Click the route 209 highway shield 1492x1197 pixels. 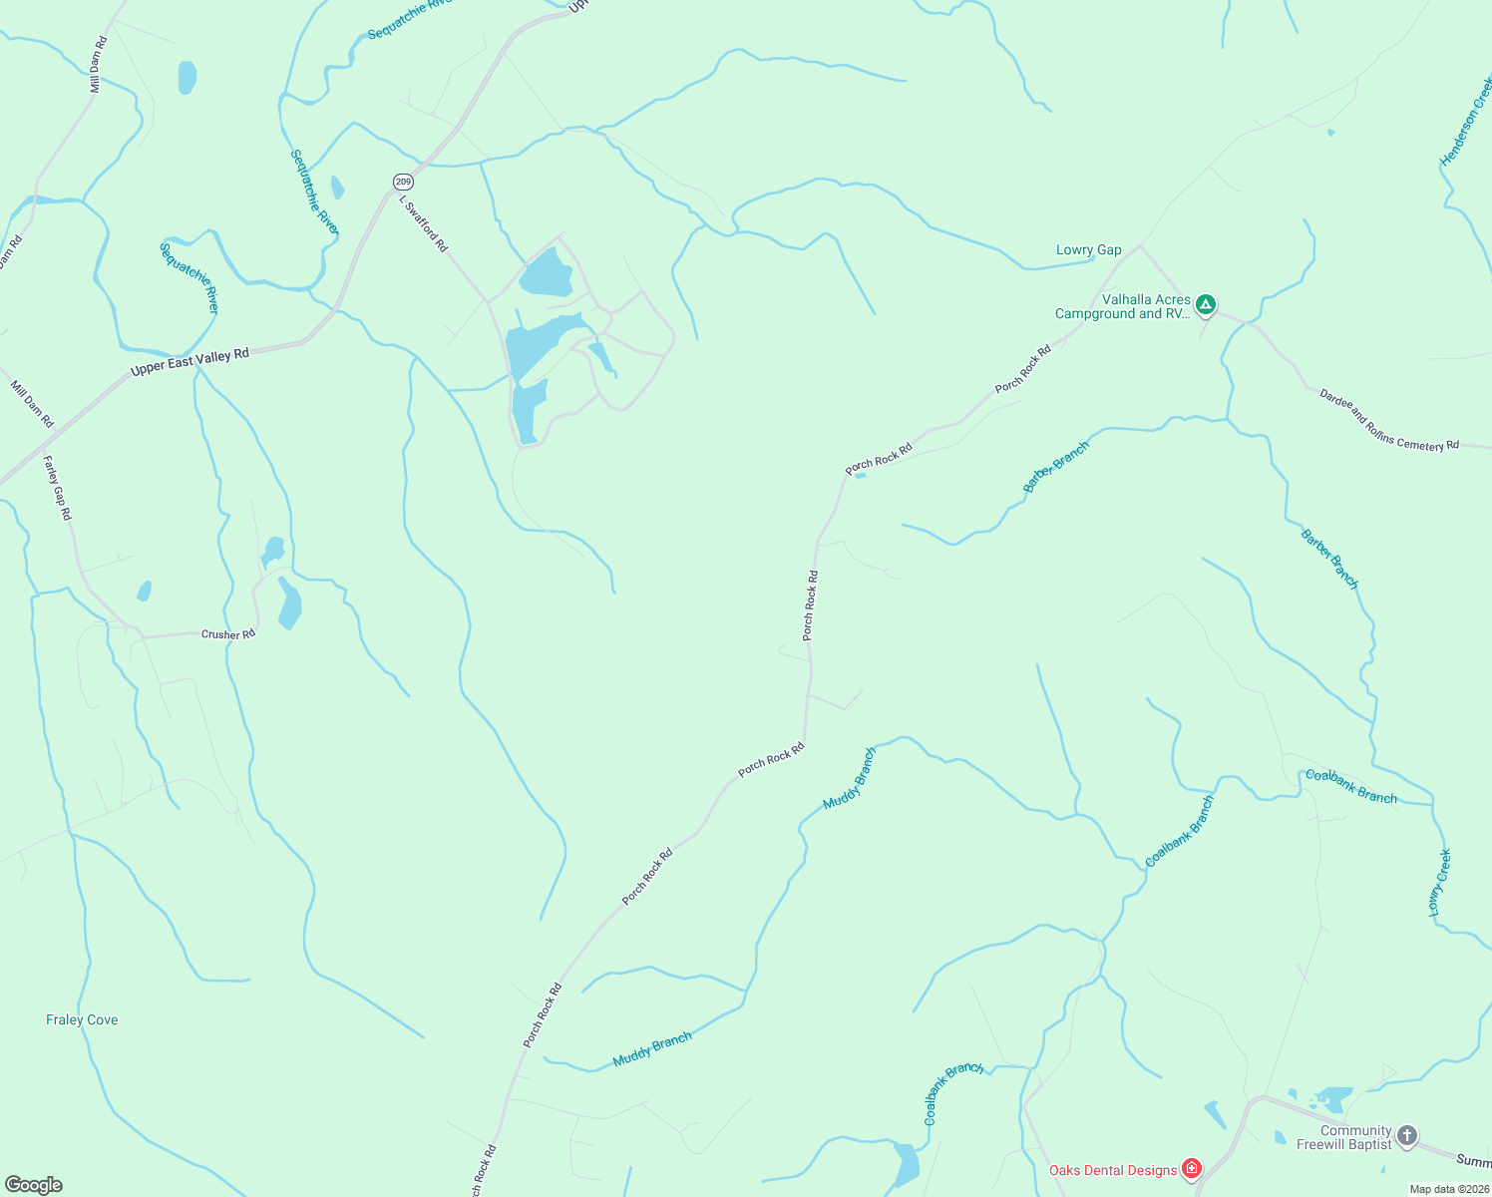tap(402, 182)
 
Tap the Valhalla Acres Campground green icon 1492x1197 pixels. tap(1206, 304)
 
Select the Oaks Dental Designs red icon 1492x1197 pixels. tap(1191, 1169)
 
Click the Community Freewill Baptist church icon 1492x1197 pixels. tap(1407, 1136)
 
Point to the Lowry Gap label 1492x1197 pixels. tap(1088, 250)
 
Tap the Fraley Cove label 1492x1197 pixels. tap(82, 1019)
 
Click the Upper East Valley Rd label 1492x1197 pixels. tap(189, 362)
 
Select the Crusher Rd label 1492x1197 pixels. tap(228, 634)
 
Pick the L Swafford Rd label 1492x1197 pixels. tap(424, 223)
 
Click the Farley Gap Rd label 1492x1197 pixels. tap(58, 488)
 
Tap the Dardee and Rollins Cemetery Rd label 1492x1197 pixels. tap(1388, 420)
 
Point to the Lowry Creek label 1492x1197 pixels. tap(1439, 883)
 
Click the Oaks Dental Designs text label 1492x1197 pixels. tap(1112, 1170)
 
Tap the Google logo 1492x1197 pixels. tap(34, 1185)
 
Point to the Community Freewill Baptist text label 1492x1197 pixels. tap(1342, 1137)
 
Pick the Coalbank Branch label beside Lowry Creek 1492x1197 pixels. tap(1351, 786)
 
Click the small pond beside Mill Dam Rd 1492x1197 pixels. tap(186, 77)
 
